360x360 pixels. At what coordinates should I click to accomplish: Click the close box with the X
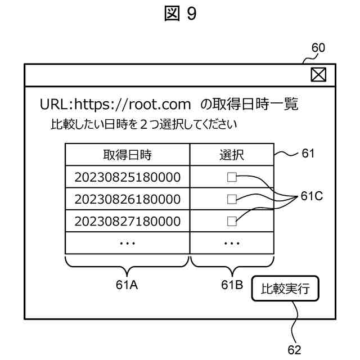point(318,75)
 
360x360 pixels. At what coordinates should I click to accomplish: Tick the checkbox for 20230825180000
point(232,178)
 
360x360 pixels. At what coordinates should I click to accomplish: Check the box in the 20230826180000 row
point(232,199)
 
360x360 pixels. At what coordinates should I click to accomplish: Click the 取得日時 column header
point(127,155)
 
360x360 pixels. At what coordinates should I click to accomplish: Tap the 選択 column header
point(232,155)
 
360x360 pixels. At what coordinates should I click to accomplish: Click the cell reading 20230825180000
point(127,178)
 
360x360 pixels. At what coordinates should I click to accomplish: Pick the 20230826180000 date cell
point(127,199)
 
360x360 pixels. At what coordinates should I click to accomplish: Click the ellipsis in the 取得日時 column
point(127,243)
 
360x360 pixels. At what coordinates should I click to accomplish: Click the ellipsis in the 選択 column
point(232,243)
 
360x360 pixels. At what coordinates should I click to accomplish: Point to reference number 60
point(318,48)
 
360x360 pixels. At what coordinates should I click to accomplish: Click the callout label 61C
point(312,197)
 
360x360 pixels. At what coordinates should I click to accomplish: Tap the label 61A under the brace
point(127,285)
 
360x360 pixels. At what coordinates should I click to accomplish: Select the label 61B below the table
point(232,285)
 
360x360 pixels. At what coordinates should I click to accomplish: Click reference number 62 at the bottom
point(295,350)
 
